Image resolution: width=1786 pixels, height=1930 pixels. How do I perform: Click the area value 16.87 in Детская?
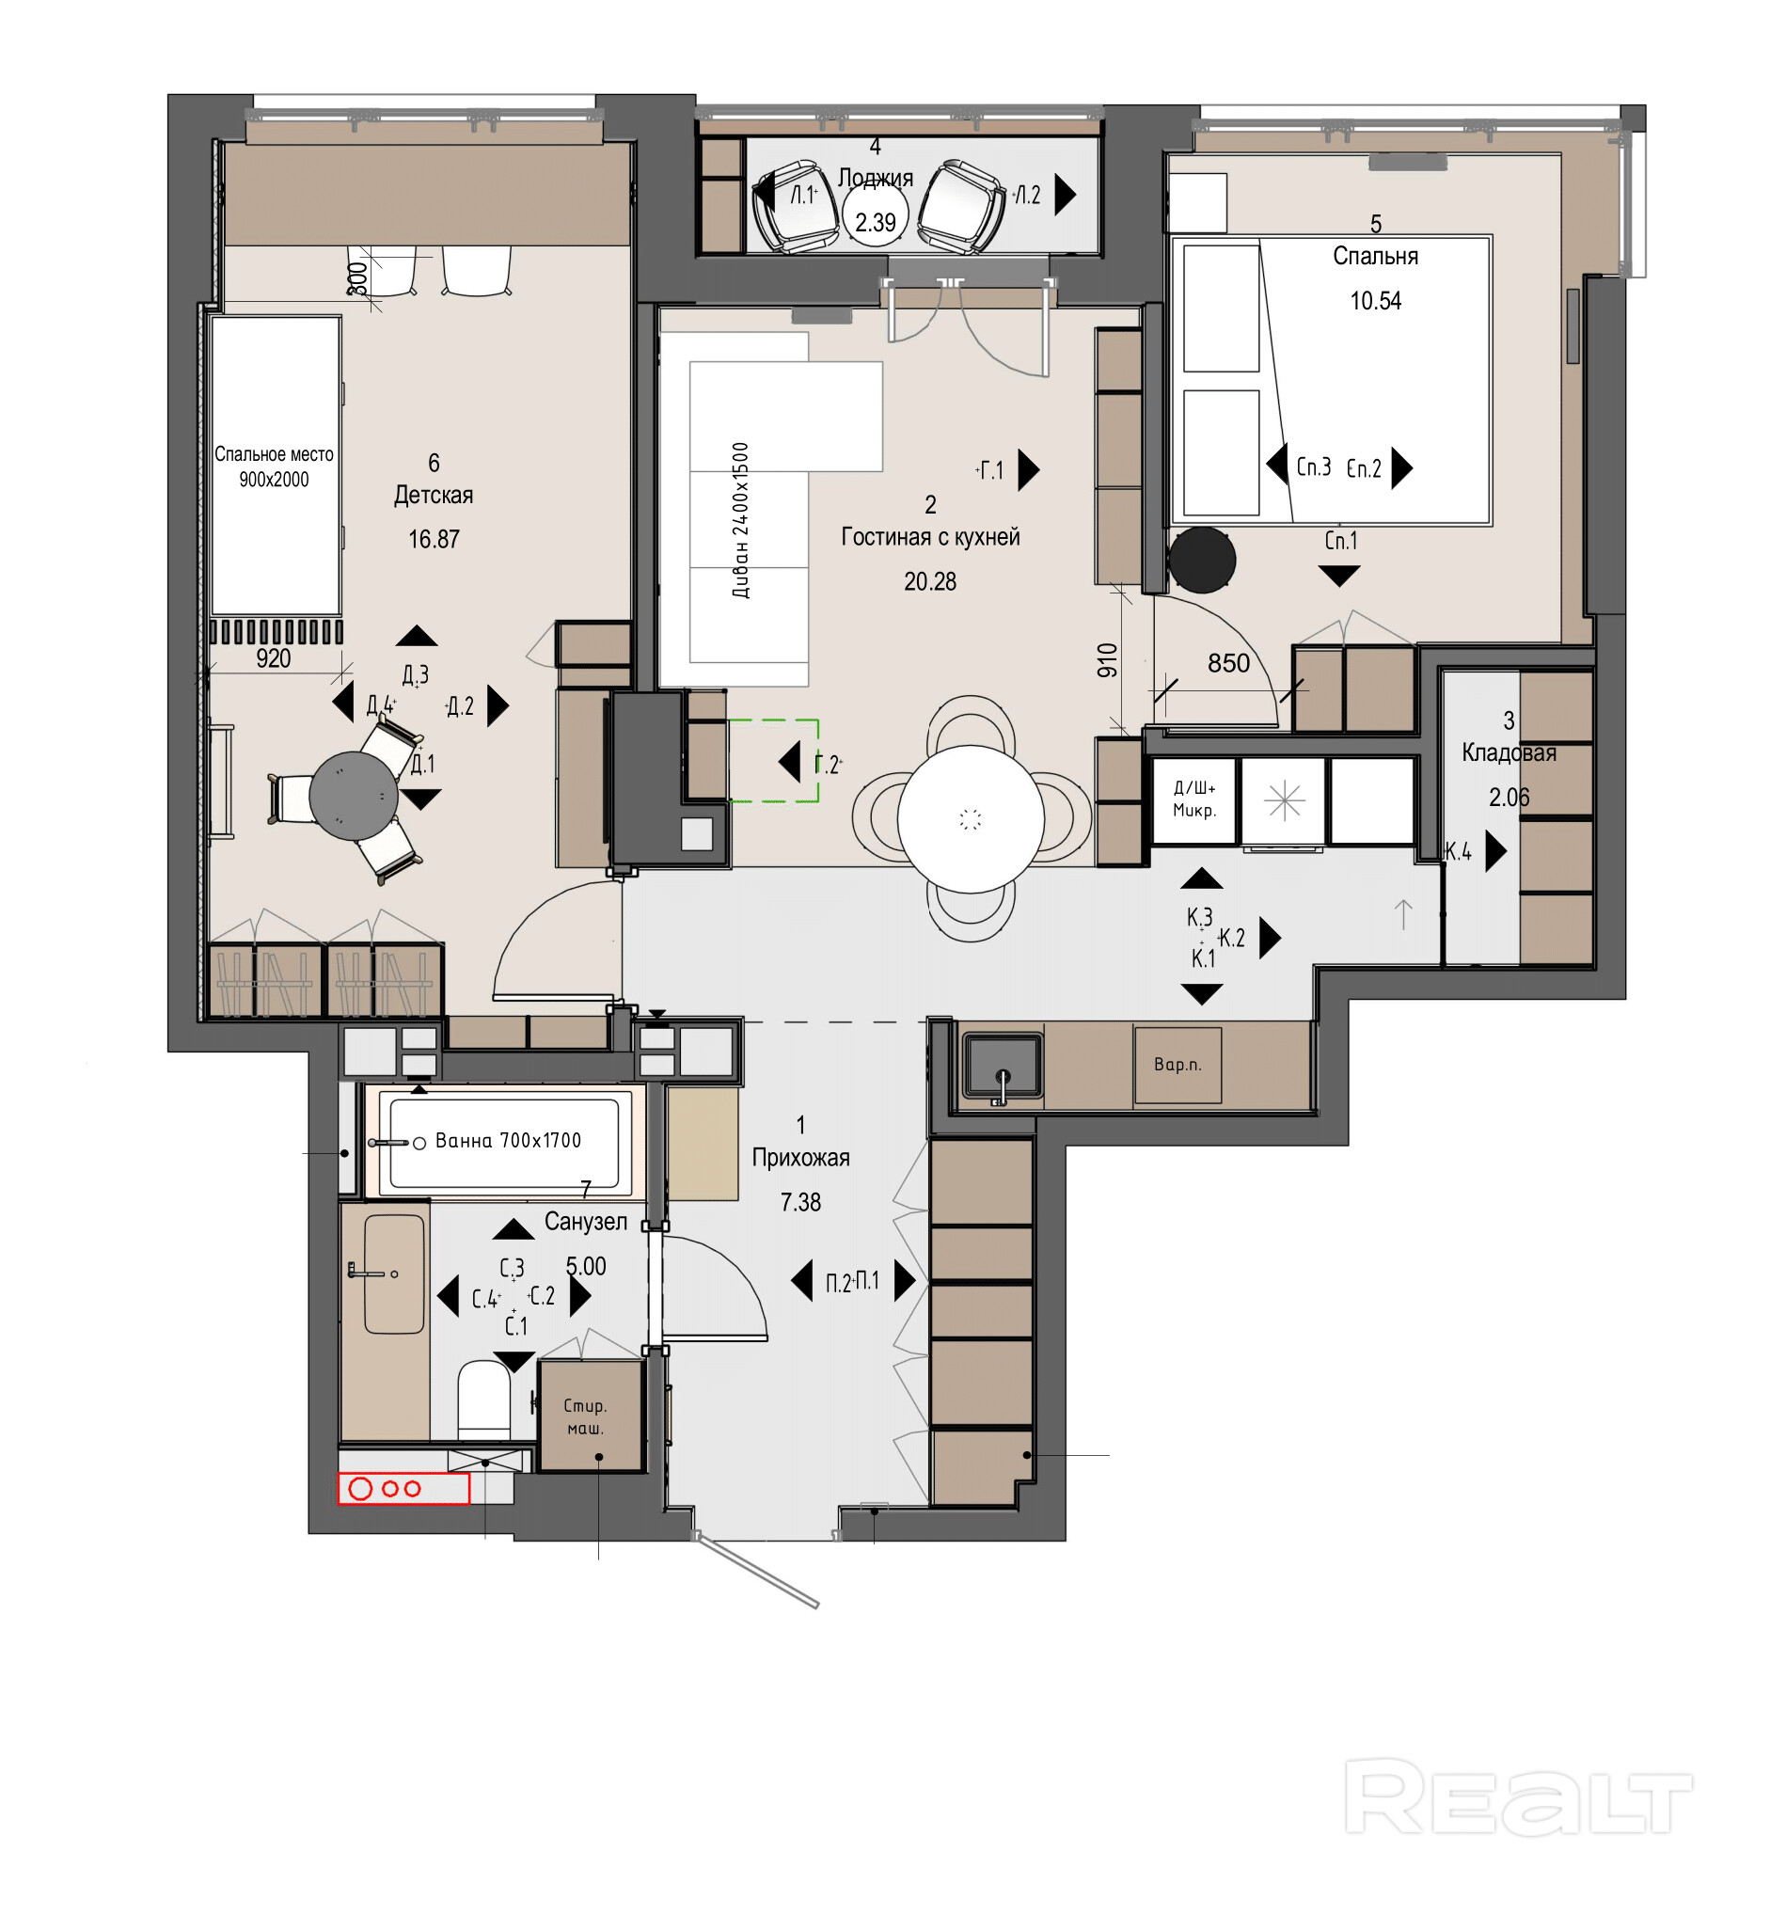[x=433, y=539]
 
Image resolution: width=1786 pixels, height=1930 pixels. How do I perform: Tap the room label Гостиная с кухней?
[x=930, y=536]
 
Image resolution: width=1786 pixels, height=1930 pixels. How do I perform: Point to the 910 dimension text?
[x=1108, y=660]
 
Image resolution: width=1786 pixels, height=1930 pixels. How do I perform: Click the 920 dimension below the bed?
[x=274, y=658]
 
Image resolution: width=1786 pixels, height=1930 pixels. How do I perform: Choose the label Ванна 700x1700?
[x=509, y=1140]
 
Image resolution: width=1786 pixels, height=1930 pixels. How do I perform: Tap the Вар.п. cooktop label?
[x=1177, y=1064]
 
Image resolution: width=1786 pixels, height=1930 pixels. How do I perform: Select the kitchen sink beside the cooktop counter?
[x=1003, y=1067]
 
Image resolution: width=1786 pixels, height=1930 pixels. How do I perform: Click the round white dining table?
[x=971, y=818]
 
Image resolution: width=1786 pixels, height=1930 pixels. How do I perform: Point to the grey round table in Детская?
[x=354, y=796]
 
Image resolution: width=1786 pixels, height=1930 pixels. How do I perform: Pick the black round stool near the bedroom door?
[x=1201, y=560]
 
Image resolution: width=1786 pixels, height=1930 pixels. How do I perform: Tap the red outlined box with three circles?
[x=403, y=1488]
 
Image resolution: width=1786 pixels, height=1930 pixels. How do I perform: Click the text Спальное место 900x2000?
[x=274, y=467]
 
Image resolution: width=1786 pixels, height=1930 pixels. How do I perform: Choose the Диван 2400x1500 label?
[x=740, y=520]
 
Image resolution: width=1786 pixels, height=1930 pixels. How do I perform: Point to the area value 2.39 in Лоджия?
[x=875, y=222]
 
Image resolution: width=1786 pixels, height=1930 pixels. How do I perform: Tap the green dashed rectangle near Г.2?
[x=773, y=761]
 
